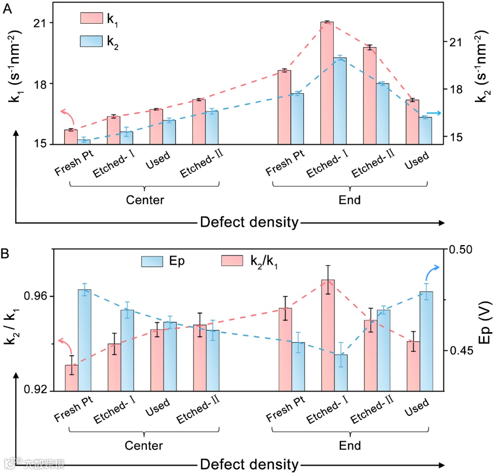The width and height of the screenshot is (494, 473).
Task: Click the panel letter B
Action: tap(8, 254)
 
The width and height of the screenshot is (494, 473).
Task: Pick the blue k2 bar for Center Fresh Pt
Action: tap(84, 141)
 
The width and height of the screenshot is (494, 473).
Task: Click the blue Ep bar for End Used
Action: tap(426, 341)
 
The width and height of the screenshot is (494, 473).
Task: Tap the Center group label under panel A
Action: tap(145, 200)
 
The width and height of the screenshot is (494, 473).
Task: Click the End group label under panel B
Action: tap(350, 446)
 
